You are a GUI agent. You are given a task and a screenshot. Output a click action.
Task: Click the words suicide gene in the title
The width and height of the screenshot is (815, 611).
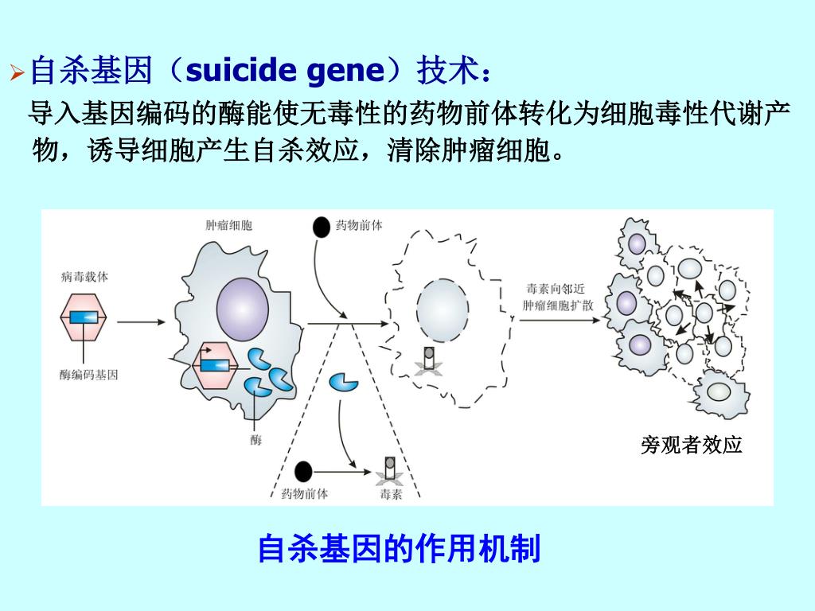tap(284, 72)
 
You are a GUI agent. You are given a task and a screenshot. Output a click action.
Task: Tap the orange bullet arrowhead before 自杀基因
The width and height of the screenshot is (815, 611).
tap(17, 74)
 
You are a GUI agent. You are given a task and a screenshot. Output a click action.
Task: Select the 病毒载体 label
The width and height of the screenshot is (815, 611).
tap(84, 277)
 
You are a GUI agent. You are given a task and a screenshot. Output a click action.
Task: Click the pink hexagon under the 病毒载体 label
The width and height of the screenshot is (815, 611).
tap(84, 317)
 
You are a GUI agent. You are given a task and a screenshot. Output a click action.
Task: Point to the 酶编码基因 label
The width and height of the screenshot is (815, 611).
tap(88, 375)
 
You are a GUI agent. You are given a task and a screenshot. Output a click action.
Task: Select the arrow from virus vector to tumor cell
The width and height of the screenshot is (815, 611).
tap(141, 321)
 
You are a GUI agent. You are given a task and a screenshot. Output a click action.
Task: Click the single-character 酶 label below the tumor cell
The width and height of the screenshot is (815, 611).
tap(255, 440)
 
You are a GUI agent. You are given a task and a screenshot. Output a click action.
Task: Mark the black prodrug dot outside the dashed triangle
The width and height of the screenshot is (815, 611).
tap(321, 227)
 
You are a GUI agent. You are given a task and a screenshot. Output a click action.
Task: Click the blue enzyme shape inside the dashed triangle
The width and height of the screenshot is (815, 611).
tap(344, 381)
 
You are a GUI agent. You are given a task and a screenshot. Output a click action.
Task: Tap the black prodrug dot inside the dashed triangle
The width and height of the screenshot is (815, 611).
tap(302, 473)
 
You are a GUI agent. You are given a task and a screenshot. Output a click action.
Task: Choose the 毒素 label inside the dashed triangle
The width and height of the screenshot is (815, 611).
tap(391, 494)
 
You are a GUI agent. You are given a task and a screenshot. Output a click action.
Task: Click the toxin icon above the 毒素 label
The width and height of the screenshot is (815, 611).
tap(390, 470)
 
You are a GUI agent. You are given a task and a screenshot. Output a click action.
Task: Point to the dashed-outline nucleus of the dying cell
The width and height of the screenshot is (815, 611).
tap(443, 309)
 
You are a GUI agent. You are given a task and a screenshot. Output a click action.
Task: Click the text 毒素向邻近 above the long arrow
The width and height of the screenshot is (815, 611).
tap(554, 289)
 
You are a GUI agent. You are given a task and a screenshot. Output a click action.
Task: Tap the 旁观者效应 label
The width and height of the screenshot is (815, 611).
tap(691, 446)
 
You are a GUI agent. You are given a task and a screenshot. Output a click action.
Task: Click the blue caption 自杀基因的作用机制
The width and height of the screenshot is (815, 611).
tap(399, 550)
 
